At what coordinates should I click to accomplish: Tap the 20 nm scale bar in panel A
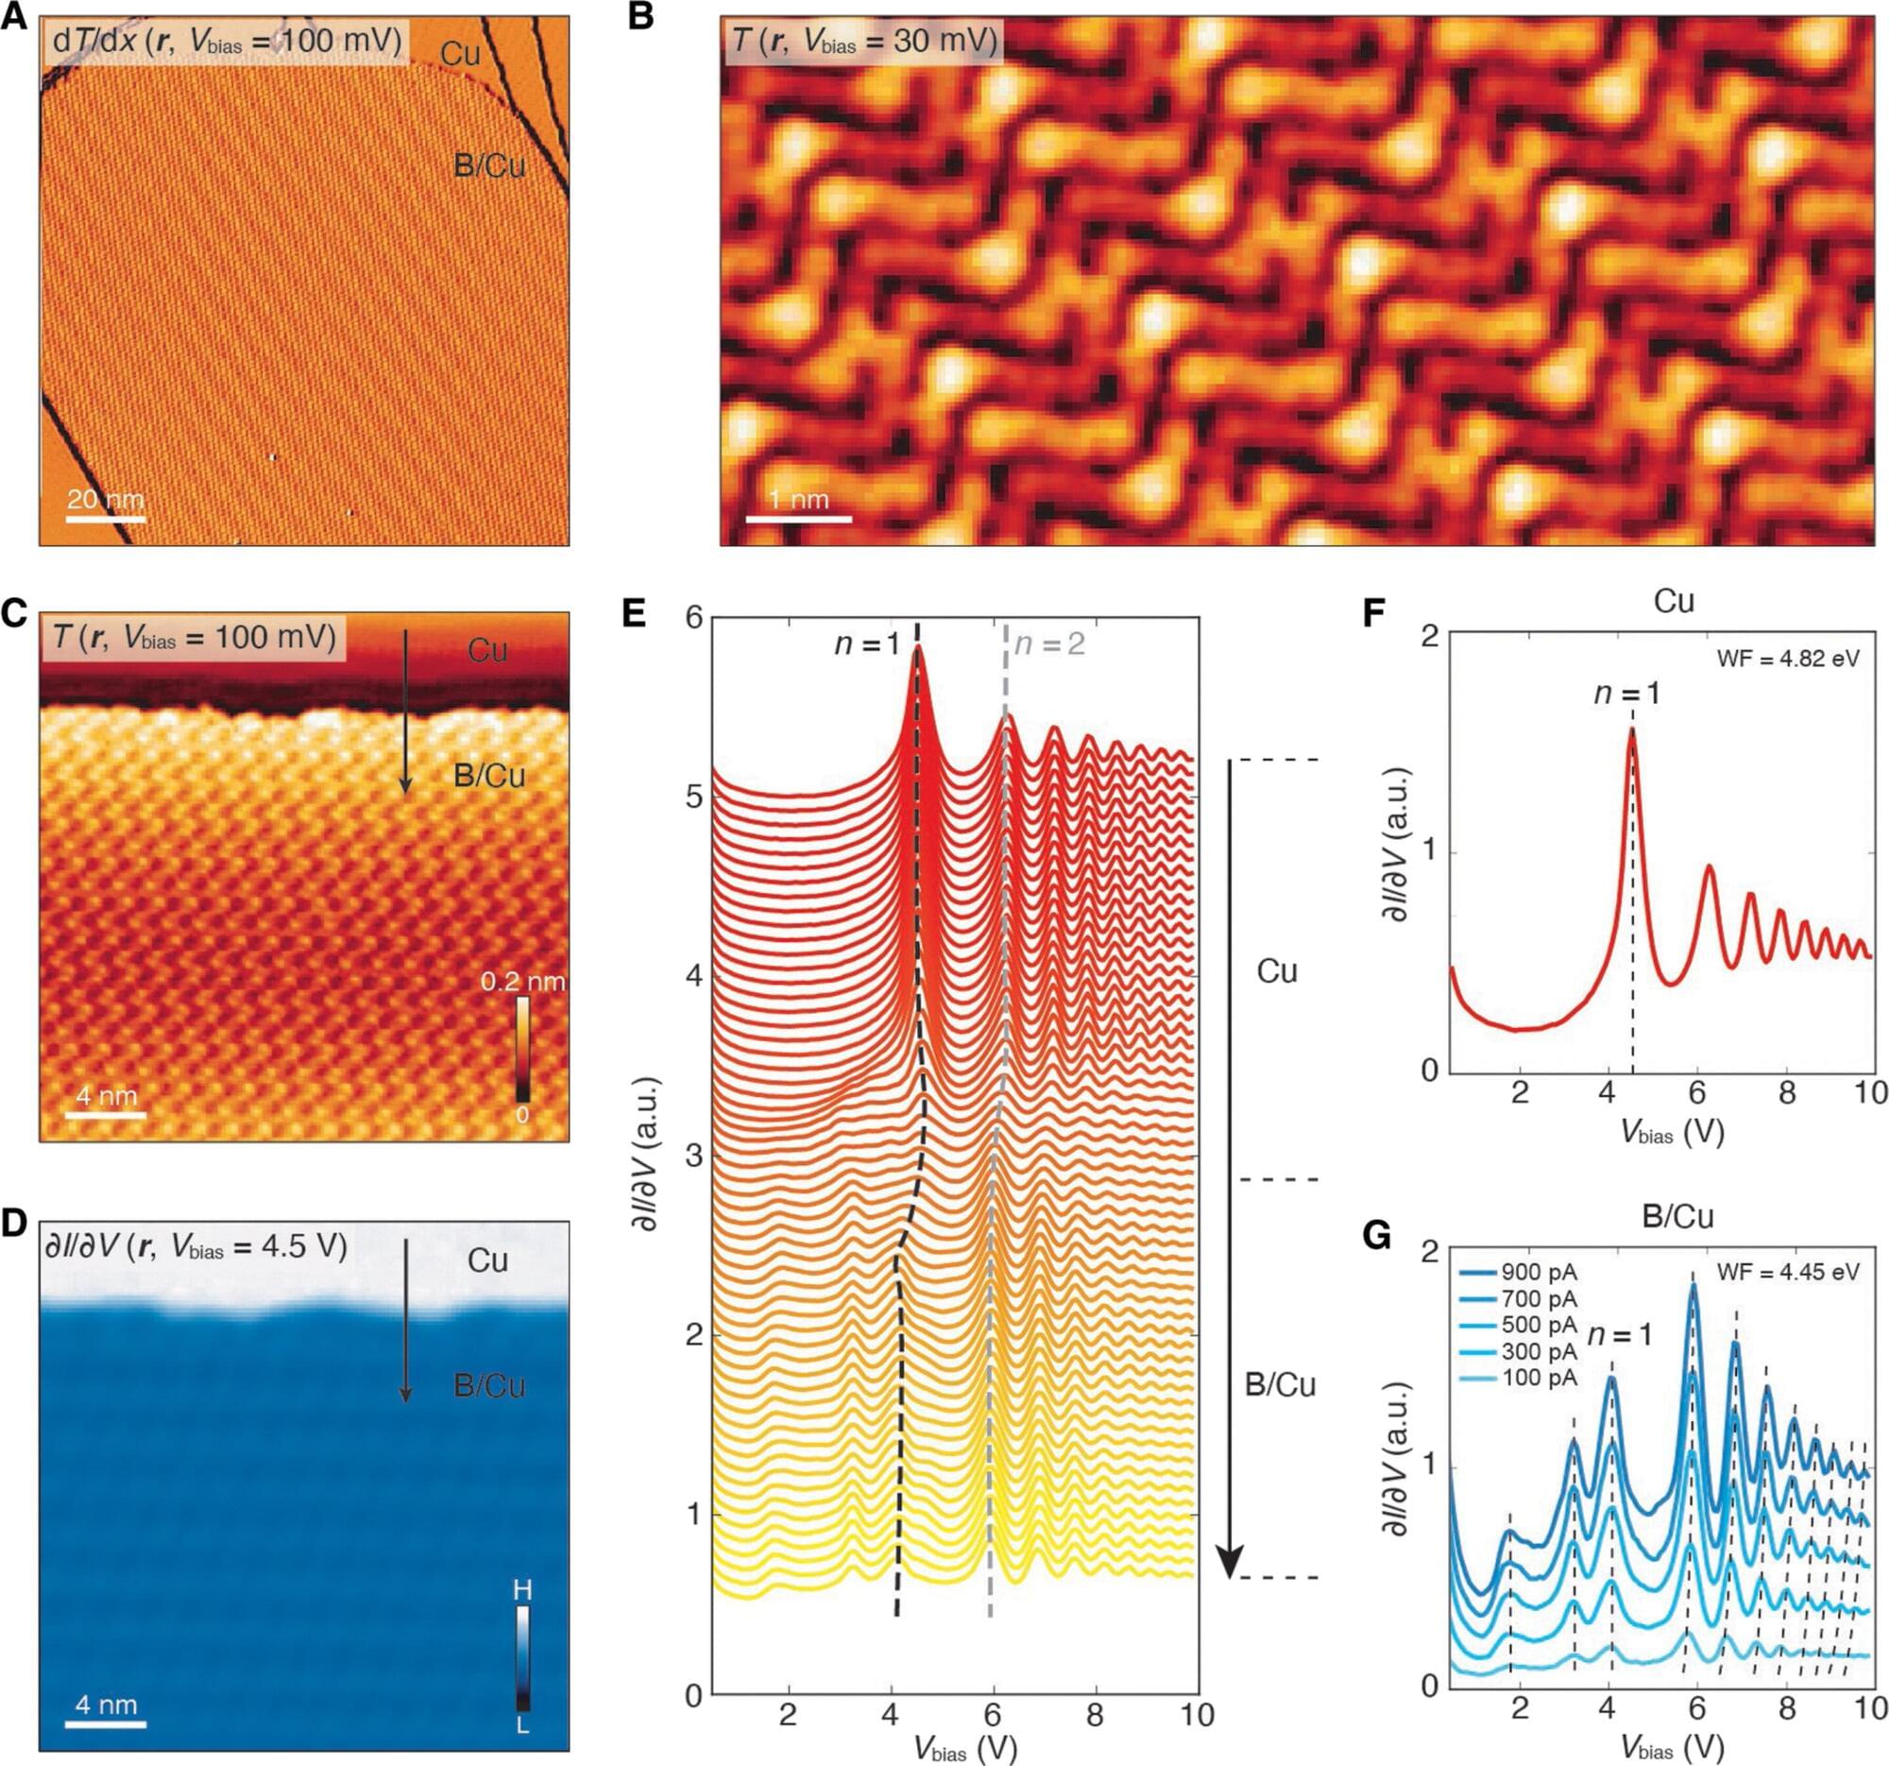pos(106,519)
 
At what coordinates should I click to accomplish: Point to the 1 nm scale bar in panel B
pos(798,519)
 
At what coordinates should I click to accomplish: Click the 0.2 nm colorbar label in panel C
pos(521,981)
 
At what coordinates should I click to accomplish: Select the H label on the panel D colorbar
pos(522,1588)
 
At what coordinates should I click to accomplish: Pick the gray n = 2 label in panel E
pos(1049,644)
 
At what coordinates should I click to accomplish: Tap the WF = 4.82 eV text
pos(1787,658)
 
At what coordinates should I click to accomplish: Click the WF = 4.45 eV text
pos(1787,1272)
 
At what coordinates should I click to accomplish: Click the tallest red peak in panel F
pos(1632,731)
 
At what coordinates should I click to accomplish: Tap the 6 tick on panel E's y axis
pos(693,618)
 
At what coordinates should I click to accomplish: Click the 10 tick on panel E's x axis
pos(1198,1714)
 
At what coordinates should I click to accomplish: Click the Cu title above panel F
pos(1674,602)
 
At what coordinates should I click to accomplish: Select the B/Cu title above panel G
pos(1677,1217)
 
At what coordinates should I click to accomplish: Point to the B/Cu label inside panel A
pos(489,165)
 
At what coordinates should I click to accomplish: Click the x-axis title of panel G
pos(1673,1747)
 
